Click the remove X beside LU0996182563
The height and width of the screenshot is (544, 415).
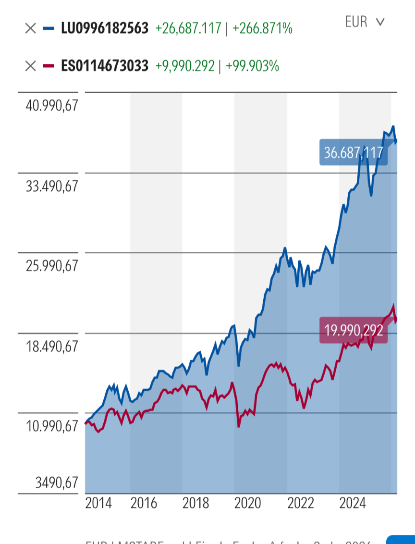(30, 28)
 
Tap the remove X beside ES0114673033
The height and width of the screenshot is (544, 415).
(30, 66)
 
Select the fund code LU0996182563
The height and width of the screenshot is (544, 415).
(105, 28)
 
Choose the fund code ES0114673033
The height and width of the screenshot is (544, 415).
(105, 66)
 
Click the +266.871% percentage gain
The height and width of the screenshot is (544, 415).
(262, 28)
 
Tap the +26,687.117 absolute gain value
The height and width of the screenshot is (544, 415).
(188, 28)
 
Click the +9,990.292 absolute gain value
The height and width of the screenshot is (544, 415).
(184, 66)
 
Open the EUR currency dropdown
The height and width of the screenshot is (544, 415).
(365, 22)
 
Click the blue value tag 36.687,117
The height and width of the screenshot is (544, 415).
(354, 153)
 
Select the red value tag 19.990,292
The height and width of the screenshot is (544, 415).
(354, 330)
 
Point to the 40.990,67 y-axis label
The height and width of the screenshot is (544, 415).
(52, 106)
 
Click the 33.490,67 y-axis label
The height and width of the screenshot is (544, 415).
(52, 186)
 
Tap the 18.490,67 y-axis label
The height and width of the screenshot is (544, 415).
(52, 346)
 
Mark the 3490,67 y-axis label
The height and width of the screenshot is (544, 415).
(57, 482)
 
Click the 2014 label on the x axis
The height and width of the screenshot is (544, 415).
(98, 503)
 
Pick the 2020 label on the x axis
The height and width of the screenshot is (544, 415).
(248, 503)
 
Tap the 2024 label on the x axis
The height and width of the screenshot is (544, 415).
(353, 503)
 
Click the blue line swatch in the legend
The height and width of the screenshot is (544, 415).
(49, 28)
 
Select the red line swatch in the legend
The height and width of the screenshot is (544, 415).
(49, 66)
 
